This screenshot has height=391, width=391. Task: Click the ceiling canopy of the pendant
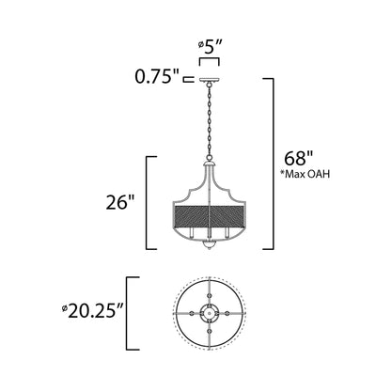[207, 82]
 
